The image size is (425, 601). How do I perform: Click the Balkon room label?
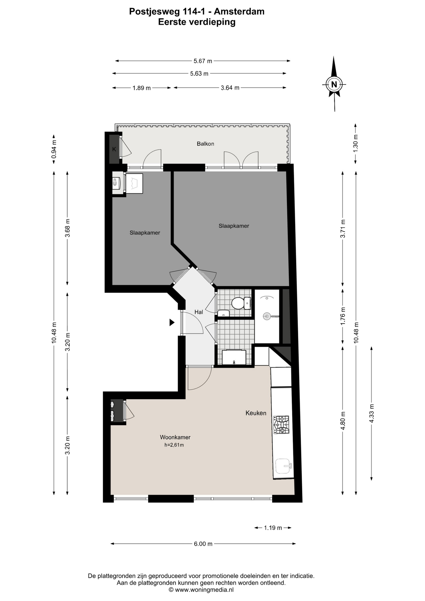[x=205, y=144]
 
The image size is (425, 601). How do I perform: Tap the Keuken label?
[x=256, y=413]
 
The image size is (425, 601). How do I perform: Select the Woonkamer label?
[x=175, y=437]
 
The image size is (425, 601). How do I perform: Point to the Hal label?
[x=199, y=312]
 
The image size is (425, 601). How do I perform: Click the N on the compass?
[x=334, y=84]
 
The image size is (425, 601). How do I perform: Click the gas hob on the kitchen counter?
[x=281, y=425]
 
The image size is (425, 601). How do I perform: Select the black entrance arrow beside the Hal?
[x=172, y=322]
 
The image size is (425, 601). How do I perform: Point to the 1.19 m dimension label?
[x=273, y=528]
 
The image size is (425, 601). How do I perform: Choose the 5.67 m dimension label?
[x=203, y=61]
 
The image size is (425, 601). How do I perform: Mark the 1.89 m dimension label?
[x=141, y=88]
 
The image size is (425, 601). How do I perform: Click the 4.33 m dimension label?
[x=371, y=413]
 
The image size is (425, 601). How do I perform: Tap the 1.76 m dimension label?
[x=343, y=316]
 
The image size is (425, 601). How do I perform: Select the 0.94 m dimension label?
[x=54, y=149]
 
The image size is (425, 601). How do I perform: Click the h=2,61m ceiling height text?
[x=174, y=445]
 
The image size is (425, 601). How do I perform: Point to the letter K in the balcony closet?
[x=114, y=149]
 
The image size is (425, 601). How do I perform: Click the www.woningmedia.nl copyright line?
[x=201, y=590]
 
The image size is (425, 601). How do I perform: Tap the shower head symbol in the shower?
[x=267, y=316]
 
